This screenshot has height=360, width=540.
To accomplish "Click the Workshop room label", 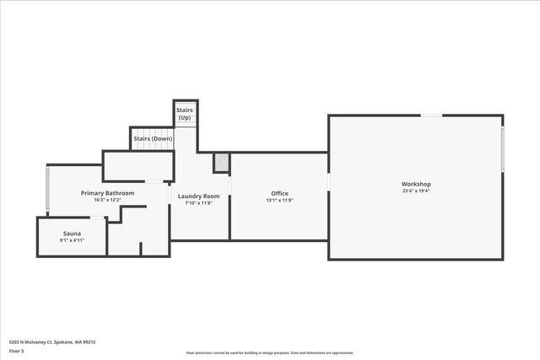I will [416, 184].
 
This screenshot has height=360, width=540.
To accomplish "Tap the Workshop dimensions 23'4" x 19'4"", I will [416, 191].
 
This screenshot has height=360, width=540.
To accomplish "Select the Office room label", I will [279, 193].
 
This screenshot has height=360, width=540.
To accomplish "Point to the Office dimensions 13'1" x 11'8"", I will [279, 201].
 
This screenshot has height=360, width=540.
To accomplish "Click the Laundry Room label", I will [199, 196].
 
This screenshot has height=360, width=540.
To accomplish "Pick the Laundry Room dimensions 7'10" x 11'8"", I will [199, 203].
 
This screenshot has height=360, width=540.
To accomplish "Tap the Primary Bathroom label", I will [107, 193].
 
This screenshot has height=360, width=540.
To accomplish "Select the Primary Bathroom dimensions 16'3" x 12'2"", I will [107, 201].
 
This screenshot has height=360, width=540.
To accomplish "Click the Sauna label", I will [72, 233].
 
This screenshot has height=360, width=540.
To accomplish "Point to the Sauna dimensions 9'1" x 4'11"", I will [72, 240].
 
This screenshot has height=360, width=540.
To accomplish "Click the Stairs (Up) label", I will [184, 114].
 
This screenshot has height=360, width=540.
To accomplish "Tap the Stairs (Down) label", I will [152, 138].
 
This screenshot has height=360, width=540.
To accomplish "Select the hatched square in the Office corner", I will [221, 161].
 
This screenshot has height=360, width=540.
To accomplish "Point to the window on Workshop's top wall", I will [432, 116].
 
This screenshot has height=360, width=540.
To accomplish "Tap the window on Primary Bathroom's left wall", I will [47, 190].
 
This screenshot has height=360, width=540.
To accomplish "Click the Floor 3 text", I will [17, 350].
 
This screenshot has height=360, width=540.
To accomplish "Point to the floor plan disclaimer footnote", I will [270, 352].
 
